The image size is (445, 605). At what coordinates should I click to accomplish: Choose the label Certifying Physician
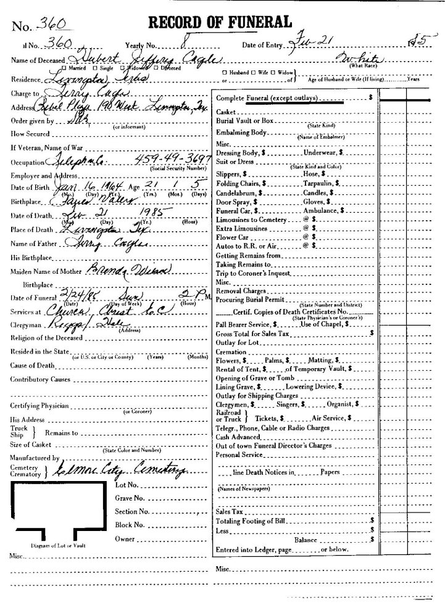(41, 405)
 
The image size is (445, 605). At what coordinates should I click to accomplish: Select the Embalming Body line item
(242, 133)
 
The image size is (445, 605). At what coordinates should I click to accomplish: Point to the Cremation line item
(231, 350)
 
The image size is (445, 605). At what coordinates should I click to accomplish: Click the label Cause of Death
(35, 364)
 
